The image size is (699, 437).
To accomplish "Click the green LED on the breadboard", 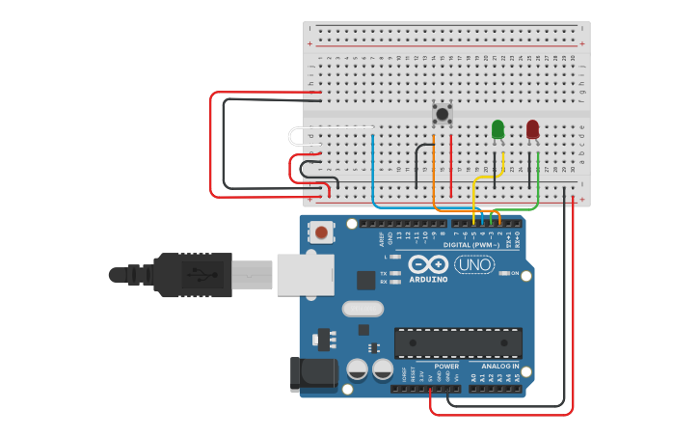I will [x=497, y=129].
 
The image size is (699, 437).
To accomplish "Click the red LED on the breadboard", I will [x=533, y=128].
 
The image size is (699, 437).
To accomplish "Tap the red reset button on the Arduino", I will [x=322, y=232].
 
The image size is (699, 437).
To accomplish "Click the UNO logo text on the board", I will [x=474, y=264].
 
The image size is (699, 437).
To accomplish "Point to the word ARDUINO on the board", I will [x=428, y=280].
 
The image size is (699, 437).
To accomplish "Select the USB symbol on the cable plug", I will [x=193, y=275].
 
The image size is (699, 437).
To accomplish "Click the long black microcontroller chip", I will [x=458, y=342].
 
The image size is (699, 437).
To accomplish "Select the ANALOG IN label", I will [x=499, y=367].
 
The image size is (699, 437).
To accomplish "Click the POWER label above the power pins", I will [x=446, y=367].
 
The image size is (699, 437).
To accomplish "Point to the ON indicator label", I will [x=514, y=274].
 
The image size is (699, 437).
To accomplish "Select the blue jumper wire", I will [x=373, y=174].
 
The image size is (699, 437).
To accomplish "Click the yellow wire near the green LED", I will [x=488, y=176].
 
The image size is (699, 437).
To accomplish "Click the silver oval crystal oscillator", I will [x=363, y=310].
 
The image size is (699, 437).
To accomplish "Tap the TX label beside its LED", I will [x=383, y=273].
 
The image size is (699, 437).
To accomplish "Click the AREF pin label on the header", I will [x=381, y=236].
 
